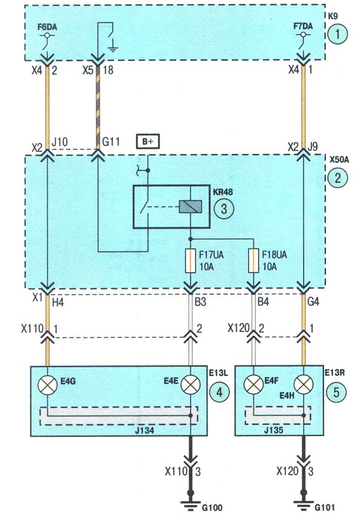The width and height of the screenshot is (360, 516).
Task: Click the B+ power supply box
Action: pyautogui.click(x=148, y=142)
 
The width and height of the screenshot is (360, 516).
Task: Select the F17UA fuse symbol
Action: pyautogui.click(x=191, y=261)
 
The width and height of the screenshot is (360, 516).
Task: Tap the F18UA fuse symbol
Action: pyautogui.click(x=253, y=261)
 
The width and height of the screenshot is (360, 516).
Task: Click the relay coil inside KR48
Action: pyautogui.click(x=190, y=207)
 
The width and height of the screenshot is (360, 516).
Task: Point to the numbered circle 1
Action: pyautogui.click(x=337, y=35)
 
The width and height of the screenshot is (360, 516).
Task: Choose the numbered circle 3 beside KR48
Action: pyautogui.click(x=224, y=208)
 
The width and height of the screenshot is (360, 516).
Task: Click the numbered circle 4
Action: pyautogui.click(x=219, y=392)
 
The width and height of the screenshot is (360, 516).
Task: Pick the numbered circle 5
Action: pyautogui.click(x=336, y=392)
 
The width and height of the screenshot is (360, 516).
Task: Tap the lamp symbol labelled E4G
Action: pyautogui.click(x=48, y=385)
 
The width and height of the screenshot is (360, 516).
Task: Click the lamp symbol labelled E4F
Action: pyautogui.click(x=253, y=384)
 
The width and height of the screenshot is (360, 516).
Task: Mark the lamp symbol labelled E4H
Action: pyautogui.click(x=304, y=384)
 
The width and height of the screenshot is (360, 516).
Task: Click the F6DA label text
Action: pyautogui.click(x=47, y=27)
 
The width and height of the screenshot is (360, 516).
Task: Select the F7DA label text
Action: pyautogui.click(x=303, y=26)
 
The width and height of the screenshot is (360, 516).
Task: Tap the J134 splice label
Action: pyautogui.click(x=145, y=430)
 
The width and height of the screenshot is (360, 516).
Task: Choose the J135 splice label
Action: pyautogui.click(x=274, y=430)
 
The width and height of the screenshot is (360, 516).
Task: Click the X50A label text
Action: pyautogui.click(x=339, y=160)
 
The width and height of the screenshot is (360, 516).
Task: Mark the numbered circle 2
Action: pyautogui.click(x=338, y=178)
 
